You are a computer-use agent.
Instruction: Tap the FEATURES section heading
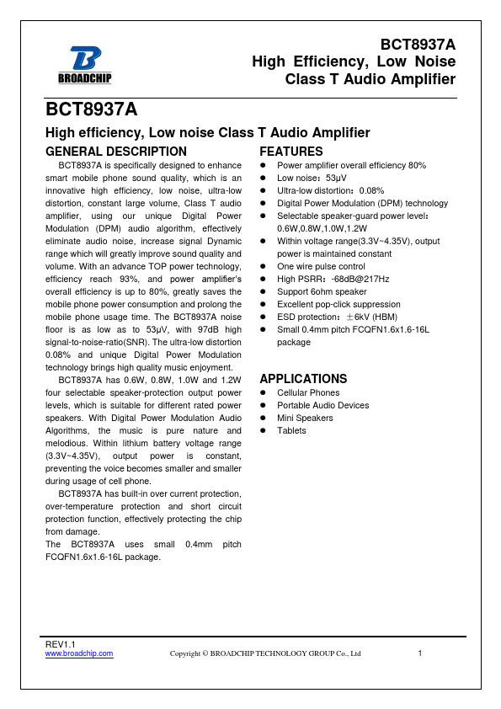click(290, 152)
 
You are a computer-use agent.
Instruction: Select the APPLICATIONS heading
click(303, 379)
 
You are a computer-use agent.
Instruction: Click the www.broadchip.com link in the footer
click(78, 653)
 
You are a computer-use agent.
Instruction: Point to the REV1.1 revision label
click(60, 644)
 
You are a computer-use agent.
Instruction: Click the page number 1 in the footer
click(419, 653)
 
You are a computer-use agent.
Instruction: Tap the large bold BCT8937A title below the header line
click(91, 110)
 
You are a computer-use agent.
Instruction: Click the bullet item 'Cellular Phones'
click(308, 392)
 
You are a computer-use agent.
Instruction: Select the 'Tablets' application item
click(291, 430)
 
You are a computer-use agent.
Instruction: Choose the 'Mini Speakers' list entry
click(305, 418)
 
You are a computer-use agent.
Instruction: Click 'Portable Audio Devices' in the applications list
click(322, 405)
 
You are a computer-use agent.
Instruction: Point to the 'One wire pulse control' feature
click(321, 266)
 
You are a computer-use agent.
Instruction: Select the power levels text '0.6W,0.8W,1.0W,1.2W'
click(322, 228)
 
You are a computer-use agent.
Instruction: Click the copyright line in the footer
click(265, 653)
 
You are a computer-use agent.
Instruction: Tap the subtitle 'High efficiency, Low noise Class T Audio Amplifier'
click(207, 133)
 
